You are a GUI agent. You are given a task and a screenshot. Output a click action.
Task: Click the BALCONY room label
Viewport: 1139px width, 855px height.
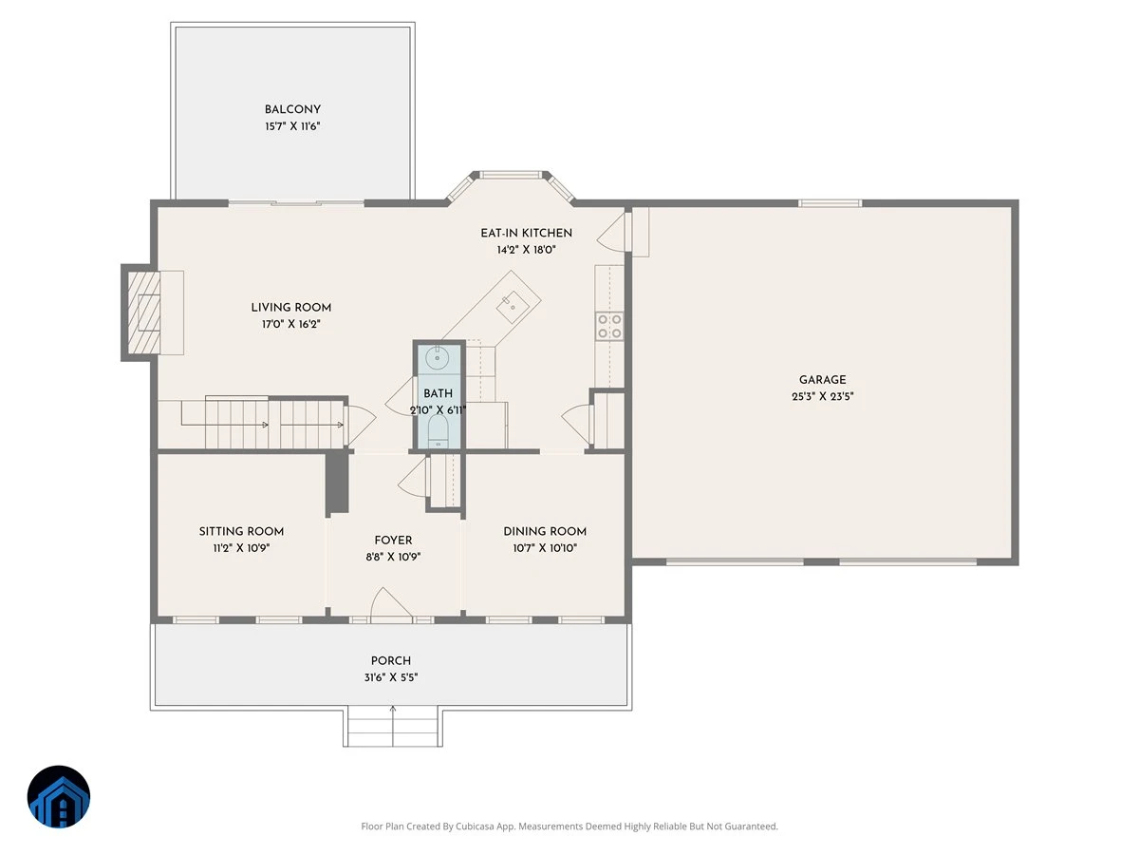pos(292,109)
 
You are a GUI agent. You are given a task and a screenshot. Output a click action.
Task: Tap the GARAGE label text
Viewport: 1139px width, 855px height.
pos(822,380)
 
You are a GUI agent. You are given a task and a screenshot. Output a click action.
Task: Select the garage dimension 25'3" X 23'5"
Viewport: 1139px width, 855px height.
pos(822,396)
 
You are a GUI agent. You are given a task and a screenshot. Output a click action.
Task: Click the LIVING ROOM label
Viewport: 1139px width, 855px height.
pos(290,307)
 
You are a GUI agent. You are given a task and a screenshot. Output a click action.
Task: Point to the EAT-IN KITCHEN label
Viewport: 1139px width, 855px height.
pos(526,233)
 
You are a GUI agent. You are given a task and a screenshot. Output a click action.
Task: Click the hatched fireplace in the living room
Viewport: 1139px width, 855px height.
pos(143,313)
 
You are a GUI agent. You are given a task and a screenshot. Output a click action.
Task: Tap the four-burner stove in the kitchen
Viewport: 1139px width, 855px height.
pos(609,327)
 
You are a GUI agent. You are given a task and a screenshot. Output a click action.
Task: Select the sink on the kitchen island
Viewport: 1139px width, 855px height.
pos(513,306)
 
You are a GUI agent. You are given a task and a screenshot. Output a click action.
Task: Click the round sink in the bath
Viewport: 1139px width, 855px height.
pos(437,358)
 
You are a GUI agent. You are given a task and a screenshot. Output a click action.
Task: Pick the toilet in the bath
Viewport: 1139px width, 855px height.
pos(439,431)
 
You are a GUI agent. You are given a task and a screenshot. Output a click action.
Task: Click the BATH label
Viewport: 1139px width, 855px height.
pos(438,393)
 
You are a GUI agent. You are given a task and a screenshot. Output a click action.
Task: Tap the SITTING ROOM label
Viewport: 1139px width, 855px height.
pos(241,532)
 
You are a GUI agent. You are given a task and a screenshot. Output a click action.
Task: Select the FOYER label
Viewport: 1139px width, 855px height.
pos(393,541)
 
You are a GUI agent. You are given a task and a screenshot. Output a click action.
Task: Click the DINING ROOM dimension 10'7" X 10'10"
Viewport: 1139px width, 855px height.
pos(545,548)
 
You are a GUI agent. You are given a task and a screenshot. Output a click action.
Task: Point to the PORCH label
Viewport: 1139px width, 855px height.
pos(391,661)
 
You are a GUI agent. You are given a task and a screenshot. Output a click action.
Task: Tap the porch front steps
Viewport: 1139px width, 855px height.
pos(393,728)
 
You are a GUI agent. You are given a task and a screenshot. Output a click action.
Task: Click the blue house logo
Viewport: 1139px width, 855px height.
pos(59,796)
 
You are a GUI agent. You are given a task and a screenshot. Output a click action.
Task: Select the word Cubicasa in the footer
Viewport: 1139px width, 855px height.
pos(476,826)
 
